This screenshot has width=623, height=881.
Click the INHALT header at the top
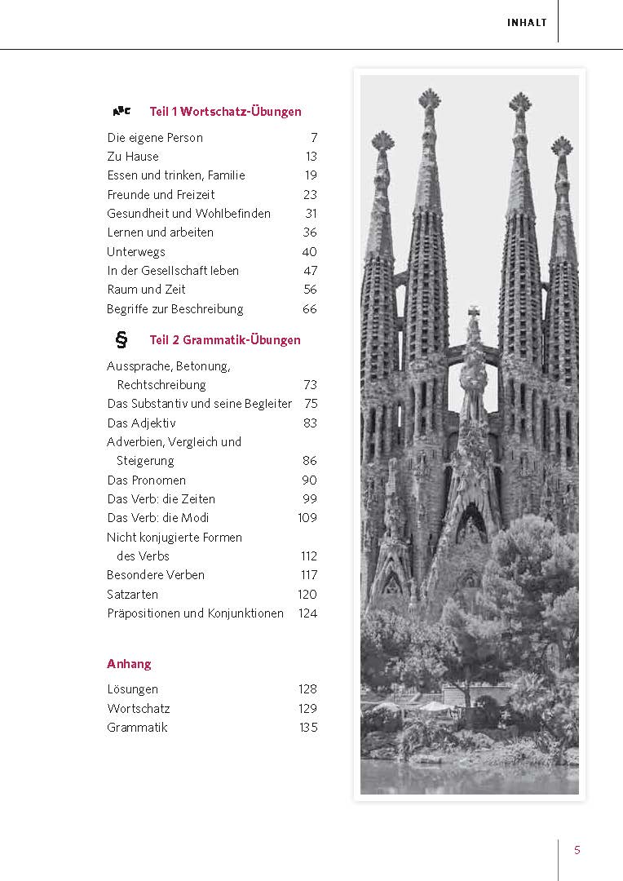527,23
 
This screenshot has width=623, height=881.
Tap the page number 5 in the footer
577,850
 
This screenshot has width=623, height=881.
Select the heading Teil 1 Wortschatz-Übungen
225,112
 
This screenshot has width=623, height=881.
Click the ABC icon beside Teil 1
122,111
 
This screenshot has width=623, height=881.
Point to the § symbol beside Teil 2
122,339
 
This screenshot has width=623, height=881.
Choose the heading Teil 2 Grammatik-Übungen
225,340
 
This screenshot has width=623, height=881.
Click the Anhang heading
129,664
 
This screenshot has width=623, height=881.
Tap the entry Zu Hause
133,157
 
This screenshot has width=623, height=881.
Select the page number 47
309,271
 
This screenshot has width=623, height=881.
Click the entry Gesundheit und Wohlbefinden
188,214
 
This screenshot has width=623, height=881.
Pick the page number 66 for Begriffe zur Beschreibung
309,309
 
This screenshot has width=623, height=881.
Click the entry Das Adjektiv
141,423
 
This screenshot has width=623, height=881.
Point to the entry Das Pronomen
146,480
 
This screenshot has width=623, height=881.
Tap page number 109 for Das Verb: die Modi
307,518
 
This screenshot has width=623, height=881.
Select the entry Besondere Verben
156,575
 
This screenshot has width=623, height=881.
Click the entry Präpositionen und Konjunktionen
196,613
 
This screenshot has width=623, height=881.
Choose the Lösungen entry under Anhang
132,689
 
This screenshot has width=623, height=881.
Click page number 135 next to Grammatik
307,728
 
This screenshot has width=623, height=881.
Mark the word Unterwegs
136,252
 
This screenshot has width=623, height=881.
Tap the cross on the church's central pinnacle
473,313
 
